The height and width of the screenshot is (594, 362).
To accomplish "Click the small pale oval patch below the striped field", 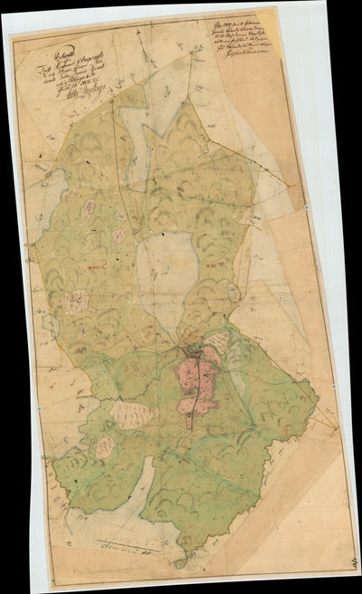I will [105, 446].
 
